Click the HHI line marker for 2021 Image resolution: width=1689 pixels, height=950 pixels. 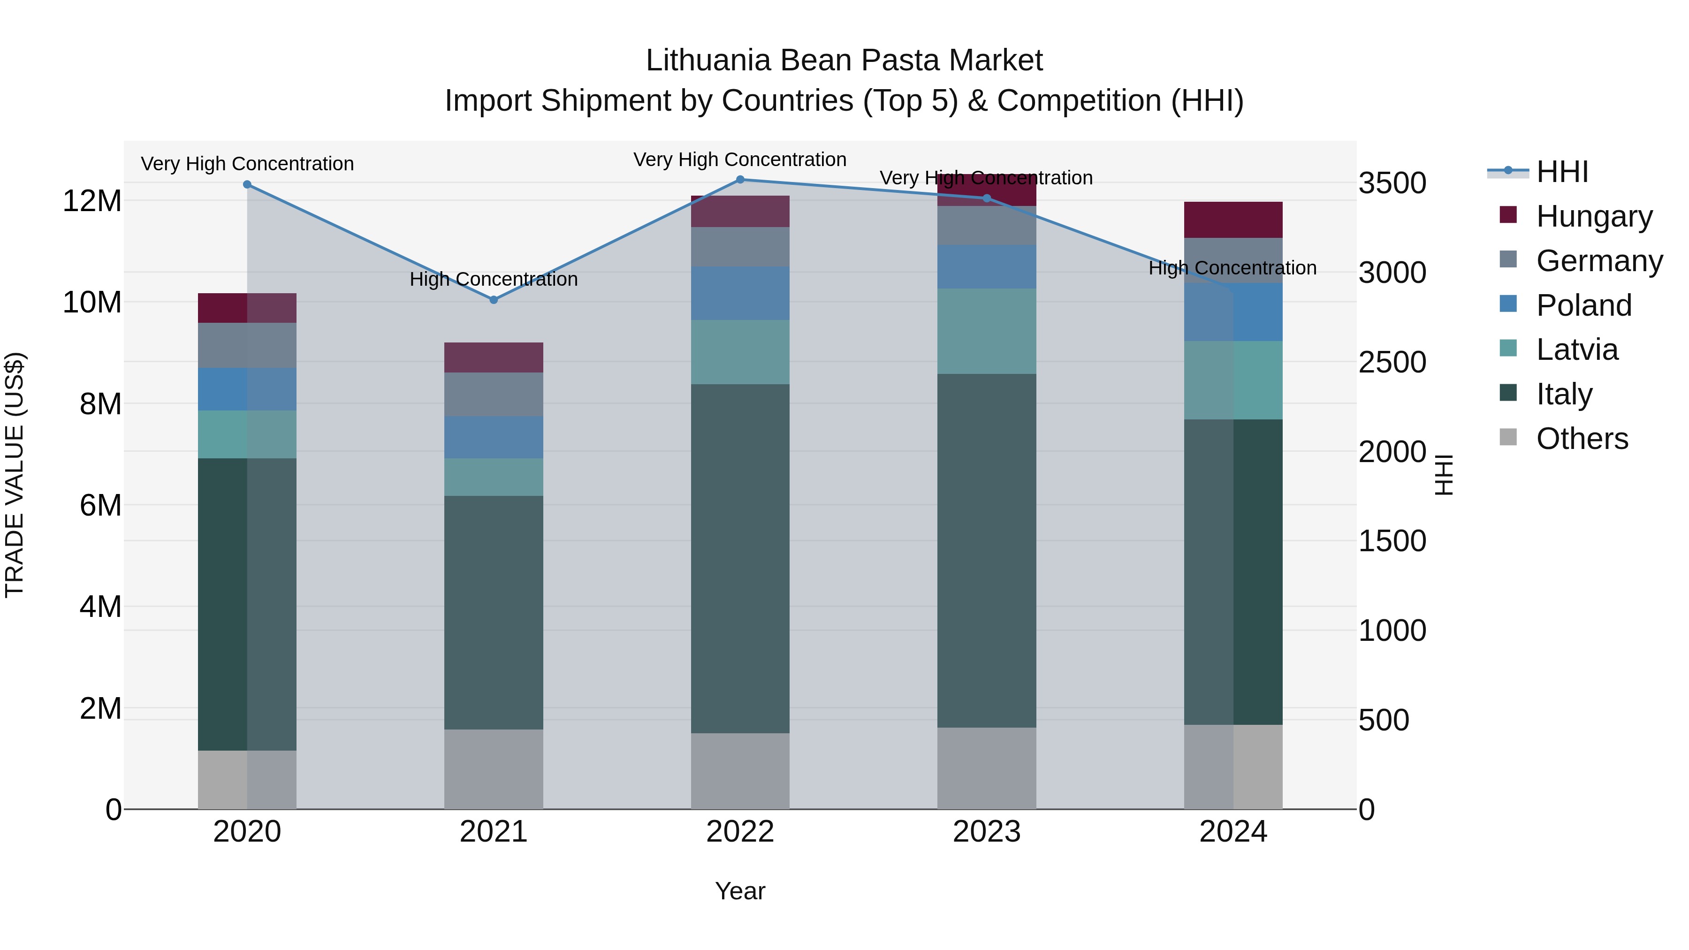point(494,300)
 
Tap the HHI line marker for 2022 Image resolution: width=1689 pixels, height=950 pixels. point(740,180)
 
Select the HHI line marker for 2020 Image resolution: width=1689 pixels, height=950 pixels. point(247,185)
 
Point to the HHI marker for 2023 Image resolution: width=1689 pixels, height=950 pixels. point(987,198)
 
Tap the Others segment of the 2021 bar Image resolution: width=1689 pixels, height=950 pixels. point(494,768)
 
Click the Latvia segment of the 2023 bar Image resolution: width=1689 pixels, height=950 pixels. point(987,331)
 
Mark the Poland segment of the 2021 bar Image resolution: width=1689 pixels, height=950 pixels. point(494,437)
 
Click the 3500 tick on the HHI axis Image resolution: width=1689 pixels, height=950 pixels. point(1392,183)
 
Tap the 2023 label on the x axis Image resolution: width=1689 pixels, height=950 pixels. point(987,832)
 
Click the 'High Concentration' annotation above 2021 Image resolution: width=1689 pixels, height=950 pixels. point(494,279)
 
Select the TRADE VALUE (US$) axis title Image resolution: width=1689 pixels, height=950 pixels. point(15,475)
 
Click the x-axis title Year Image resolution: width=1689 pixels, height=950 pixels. point(740,891)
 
